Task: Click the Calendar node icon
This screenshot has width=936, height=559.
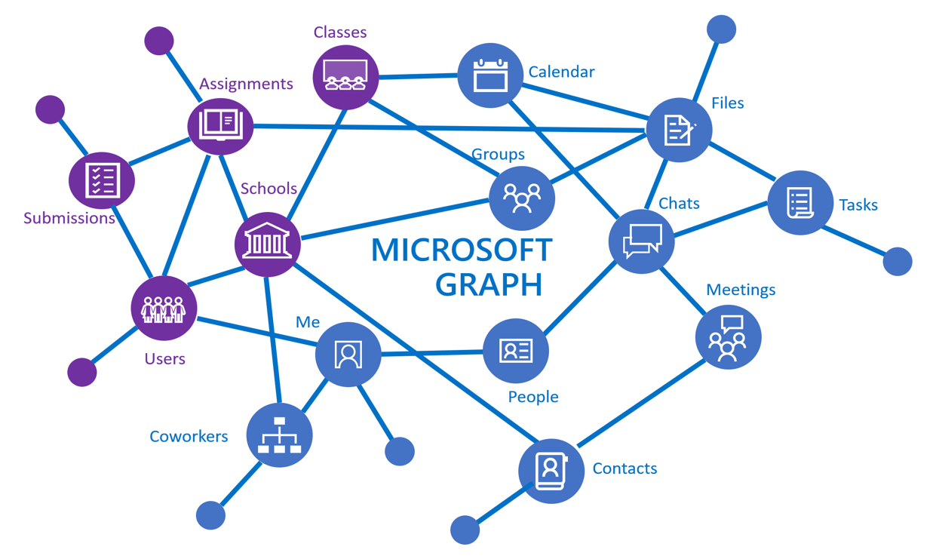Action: [490, 75]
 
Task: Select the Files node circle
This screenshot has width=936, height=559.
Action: [679, 130]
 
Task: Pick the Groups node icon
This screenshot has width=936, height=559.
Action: [522, 198]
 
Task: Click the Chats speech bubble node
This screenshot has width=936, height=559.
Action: [641, 241]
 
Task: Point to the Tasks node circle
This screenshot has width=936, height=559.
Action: [800, 203]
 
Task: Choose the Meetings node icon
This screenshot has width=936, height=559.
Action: [728, 337]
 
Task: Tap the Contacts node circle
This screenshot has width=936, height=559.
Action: [551, 471]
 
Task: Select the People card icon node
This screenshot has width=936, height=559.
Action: [516, 351]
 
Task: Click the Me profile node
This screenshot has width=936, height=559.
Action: [348, 354]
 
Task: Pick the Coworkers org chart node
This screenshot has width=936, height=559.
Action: [280, 435]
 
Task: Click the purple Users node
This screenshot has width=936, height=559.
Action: [164, 308]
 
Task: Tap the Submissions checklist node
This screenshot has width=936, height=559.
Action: [102, 181]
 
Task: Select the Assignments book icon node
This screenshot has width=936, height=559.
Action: [220, 126]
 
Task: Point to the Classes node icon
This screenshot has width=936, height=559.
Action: [345, 77]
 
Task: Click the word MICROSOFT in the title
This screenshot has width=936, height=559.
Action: [462, 250]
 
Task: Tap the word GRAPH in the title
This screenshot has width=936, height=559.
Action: [489, 284]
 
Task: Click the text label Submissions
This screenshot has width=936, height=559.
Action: [69, 219]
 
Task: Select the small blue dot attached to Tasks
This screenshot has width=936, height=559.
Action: [897, 262]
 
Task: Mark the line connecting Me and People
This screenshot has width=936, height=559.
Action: [431, 352]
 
